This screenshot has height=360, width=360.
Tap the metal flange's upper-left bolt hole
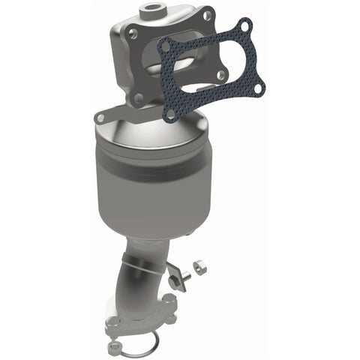click(132, 34)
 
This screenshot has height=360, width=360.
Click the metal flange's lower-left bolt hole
click(138, 97)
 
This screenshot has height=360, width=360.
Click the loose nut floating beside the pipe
click(199, 264)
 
